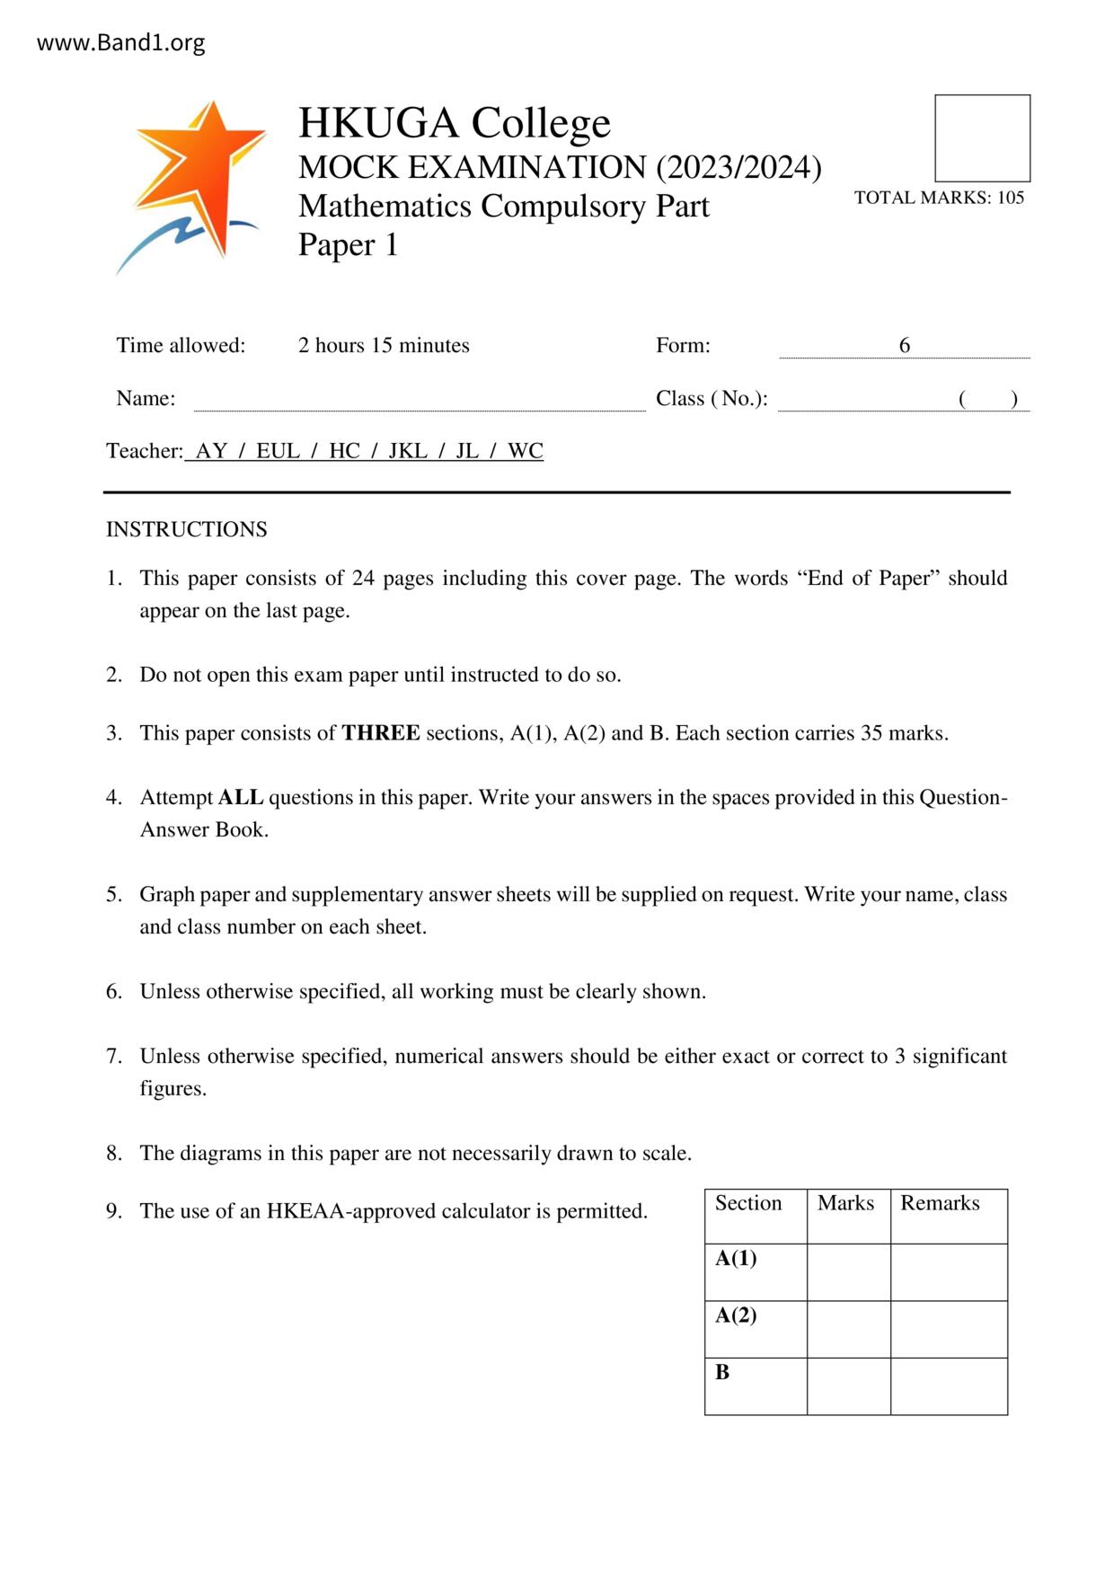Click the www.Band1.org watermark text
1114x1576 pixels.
(120, 42)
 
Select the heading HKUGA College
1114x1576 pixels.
(454, 122)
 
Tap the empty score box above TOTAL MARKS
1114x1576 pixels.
(982, 138)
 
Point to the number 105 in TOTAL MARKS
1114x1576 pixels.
(1011, 198)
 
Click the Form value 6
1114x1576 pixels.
(904, 345)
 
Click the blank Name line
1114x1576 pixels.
(420, 400)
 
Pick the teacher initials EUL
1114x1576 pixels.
(278, 451)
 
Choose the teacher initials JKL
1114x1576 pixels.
(407, 451)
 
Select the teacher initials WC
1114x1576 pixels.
(526, 451)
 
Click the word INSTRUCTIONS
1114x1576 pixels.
(187, 529)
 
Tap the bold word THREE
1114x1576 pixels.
(381, 733)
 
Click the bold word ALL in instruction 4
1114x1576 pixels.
(241, 798)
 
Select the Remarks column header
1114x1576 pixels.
(940, 1204)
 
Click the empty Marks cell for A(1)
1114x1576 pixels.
(848, 1271)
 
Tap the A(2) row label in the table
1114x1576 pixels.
(736, 1315)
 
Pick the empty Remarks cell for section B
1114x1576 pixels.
(949, 1386)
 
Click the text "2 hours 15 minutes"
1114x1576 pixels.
(384, 345)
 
